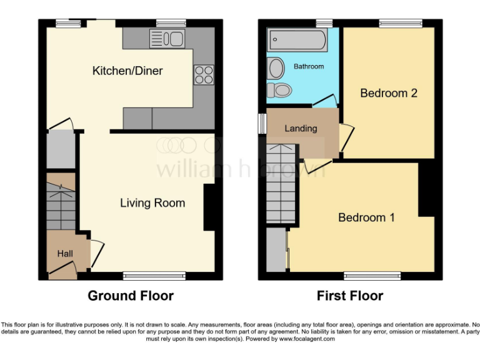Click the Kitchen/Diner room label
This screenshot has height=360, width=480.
click(127, 71)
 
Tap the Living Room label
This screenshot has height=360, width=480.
click(152, 202)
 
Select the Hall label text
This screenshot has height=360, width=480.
click(65, 254)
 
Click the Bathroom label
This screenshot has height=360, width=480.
click(309, 66)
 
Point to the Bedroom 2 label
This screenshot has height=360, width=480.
click(388, 93)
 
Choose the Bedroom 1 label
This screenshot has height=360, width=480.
click(366, 217)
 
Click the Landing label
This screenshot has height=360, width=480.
click(301, 128)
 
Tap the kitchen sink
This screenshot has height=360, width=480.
click(166, 39)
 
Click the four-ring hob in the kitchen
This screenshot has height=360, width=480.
click(204, 74)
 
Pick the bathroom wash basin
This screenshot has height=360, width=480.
click(275, 67)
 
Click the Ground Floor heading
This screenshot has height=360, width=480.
click(131, 296)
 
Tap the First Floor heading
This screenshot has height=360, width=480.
click(350, 296)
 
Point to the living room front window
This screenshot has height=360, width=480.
click(154, 274)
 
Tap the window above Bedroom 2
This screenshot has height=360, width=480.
click(399, 24)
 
